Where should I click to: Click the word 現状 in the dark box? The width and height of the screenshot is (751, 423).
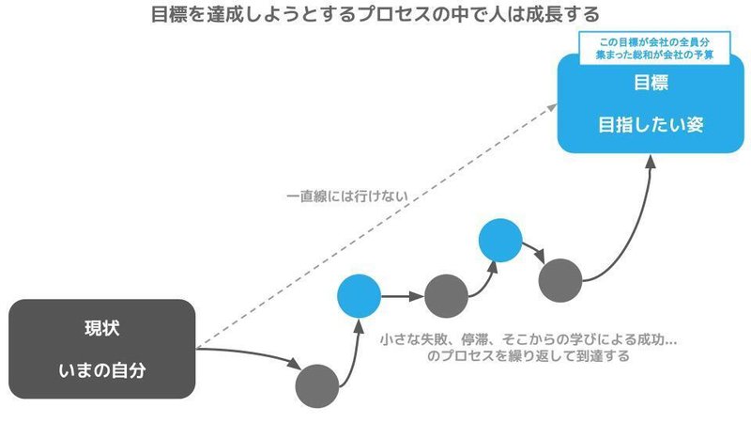click(x=102, y=328)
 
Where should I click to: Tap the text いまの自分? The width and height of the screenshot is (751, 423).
click(x=102, y=370)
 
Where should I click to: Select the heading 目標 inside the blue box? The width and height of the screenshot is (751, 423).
click(x=651, y=83)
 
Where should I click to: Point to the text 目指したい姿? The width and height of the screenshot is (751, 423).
click(x=651, y=125)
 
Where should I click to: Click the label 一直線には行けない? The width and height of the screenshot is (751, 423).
click(x=347, y=196)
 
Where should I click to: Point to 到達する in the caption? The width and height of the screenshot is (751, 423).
click(x=603, y=356)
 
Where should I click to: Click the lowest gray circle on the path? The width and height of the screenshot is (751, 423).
click(x=317, y=386)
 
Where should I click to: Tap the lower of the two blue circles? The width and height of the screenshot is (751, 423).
click(x=360, y=296)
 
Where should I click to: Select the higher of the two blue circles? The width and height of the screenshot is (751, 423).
click(x=500, y=241)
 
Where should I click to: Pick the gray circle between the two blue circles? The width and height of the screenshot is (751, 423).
click(x=447, y=296)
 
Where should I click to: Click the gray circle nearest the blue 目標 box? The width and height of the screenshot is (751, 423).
click(x=560, y=280)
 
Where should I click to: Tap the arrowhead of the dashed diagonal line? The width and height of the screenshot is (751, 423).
click(x=552, y=107)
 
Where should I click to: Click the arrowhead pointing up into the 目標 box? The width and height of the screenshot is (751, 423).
click(x=650, y=161)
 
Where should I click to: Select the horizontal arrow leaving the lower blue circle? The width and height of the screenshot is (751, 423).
click(x=403, y=296)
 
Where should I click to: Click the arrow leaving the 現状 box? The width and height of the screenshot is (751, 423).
click(x=249, y=354)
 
